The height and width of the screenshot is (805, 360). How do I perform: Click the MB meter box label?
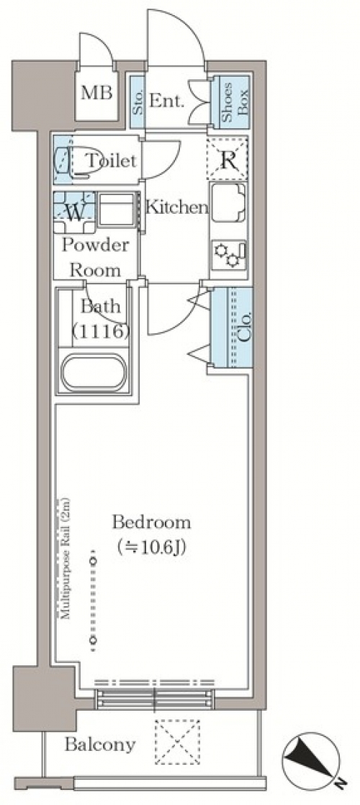[x=96, y=94]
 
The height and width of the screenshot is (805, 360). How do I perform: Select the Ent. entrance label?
[x=166, y=101]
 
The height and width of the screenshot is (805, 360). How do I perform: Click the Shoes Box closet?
[x=231, y=102]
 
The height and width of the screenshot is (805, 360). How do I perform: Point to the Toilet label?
[x=110, y=161]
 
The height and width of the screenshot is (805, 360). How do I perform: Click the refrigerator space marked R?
[x=228, y=160]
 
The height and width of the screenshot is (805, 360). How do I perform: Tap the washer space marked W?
[x=74, y=212]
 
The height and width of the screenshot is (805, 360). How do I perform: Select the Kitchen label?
[x=177, y=208]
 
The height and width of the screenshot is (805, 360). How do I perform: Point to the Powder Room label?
[x=96, y=257]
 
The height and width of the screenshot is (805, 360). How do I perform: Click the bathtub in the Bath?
[x=94, y=372]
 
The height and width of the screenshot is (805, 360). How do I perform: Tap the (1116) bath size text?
[x=99, y=332]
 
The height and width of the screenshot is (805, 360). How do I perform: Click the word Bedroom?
[x=151, y=523]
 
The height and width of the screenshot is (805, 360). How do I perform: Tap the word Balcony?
[x=100, y=744]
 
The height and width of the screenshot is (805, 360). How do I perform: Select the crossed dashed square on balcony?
[x=177, y=742]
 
